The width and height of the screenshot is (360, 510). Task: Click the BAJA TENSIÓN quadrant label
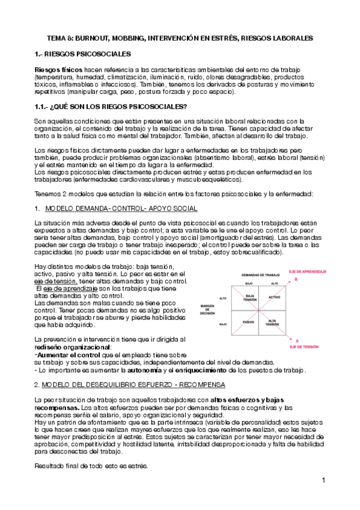point(251,298)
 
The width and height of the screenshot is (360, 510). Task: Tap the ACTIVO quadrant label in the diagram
point(275,298)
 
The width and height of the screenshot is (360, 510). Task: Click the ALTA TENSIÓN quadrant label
point(275,323)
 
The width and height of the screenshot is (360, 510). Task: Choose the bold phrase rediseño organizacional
point(73,347)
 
